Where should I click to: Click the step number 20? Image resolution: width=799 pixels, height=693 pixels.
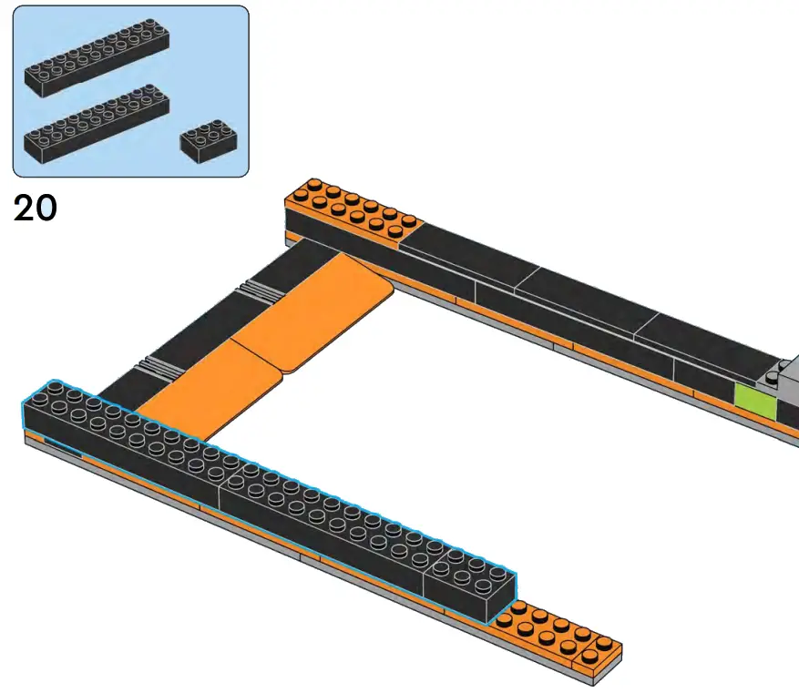pos(36,209)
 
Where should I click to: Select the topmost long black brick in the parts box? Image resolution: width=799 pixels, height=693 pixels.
pos(97,57)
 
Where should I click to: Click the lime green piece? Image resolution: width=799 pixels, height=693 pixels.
pos(755,402)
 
